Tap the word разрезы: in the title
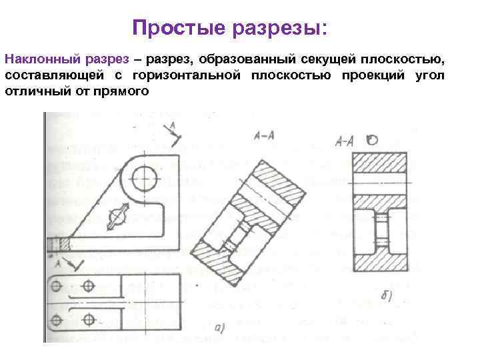pyautogui.click(x=279, y=29)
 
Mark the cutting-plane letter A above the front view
pyautogui.click(x=173, y=125)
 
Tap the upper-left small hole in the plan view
pyautogui.click(x=57, y=287)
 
